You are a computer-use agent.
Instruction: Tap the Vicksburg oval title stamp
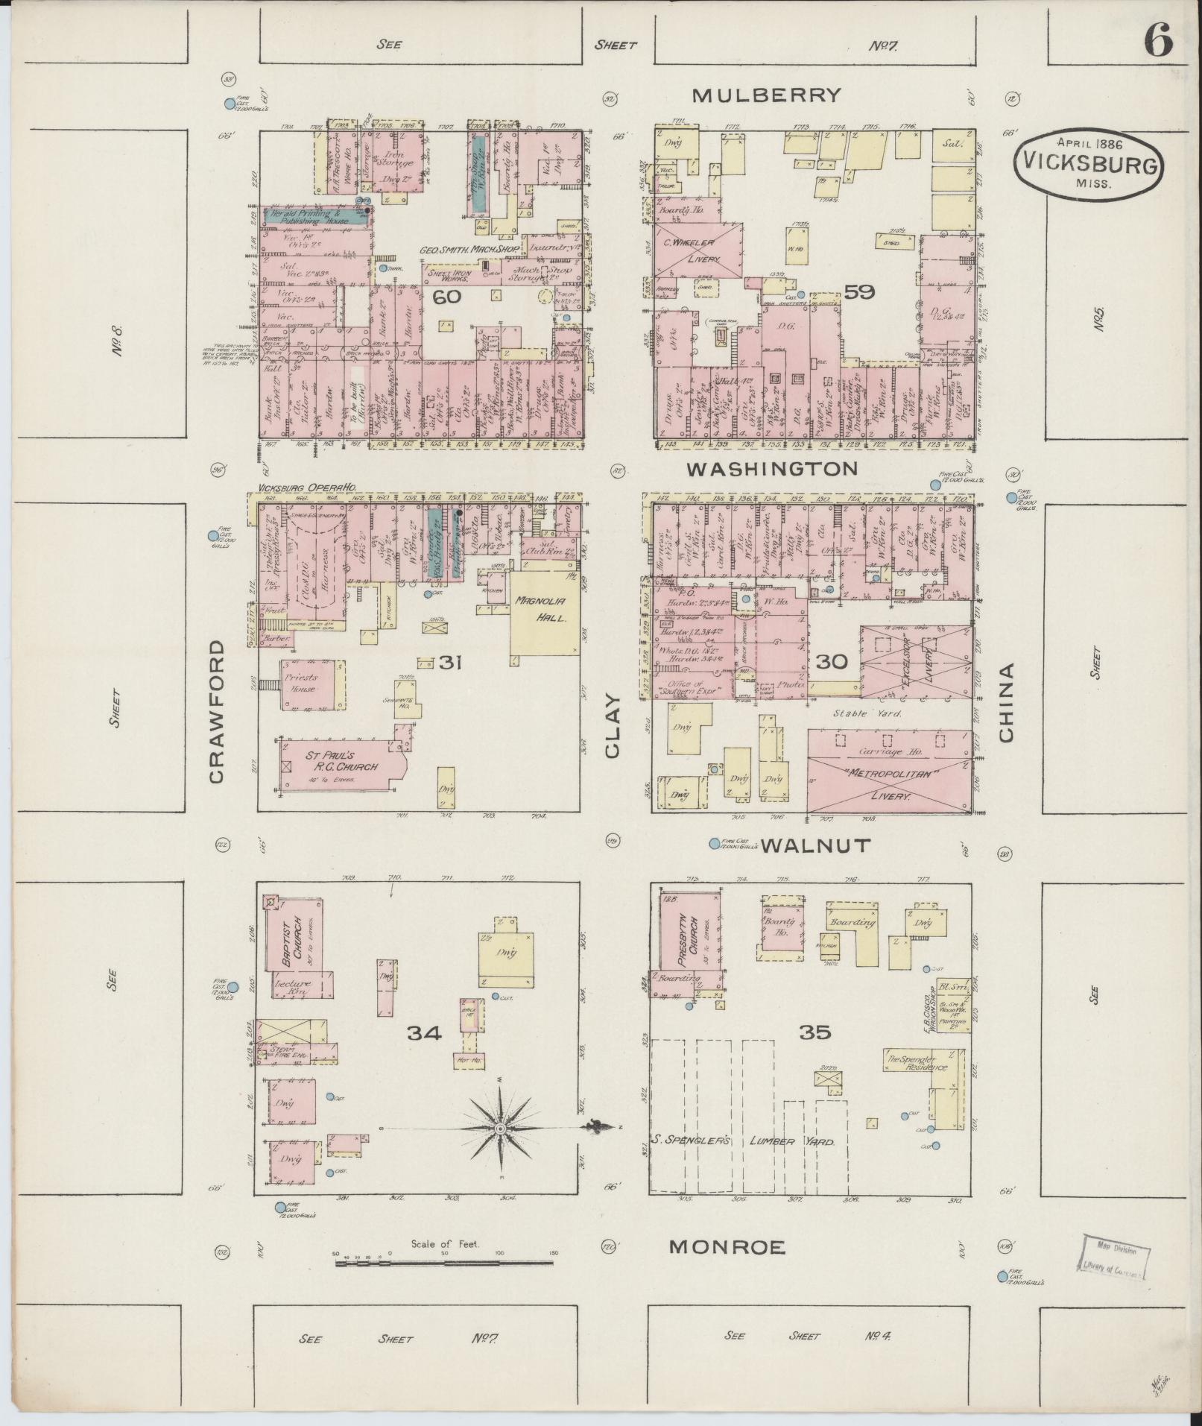point(1087,164)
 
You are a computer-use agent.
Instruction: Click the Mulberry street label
point(766,95)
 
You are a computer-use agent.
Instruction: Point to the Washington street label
point(771,468)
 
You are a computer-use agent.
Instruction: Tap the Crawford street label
point(217,710)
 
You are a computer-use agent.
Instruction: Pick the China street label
point(1006,702)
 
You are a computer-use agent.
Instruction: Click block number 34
point(424,1032)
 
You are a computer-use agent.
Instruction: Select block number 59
point(858,292)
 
